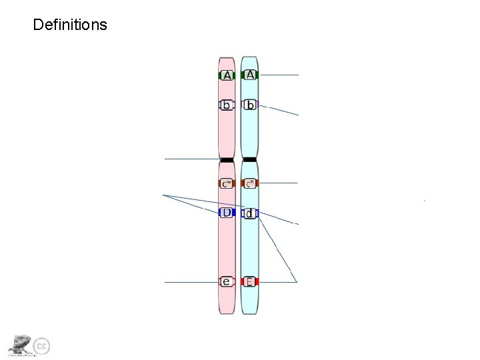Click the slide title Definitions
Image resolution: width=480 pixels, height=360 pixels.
point(69,25)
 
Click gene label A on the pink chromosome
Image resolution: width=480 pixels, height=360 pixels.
point(227,76)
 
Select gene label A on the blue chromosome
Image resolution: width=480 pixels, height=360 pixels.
point(250,75)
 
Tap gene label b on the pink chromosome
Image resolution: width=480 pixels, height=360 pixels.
point(227,105)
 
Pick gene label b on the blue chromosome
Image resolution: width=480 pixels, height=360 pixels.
point(250,105)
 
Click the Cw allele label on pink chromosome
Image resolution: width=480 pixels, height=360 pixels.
point(227,183)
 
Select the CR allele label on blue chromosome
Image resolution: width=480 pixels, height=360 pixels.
point(250,183)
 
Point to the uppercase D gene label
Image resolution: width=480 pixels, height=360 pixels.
point(227,213)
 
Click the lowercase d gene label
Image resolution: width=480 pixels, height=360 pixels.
point(250,214)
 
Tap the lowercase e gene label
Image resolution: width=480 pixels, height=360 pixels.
point(227,282)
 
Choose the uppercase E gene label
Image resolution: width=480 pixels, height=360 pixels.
point(249,282)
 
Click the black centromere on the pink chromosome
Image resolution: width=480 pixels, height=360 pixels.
point(227,159)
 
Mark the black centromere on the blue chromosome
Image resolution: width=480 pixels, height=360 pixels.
point(250,159)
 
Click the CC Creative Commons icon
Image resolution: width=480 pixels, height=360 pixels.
point(41,346)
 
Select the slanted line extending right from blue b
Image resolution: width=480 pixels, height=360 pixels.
point(280,110)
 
